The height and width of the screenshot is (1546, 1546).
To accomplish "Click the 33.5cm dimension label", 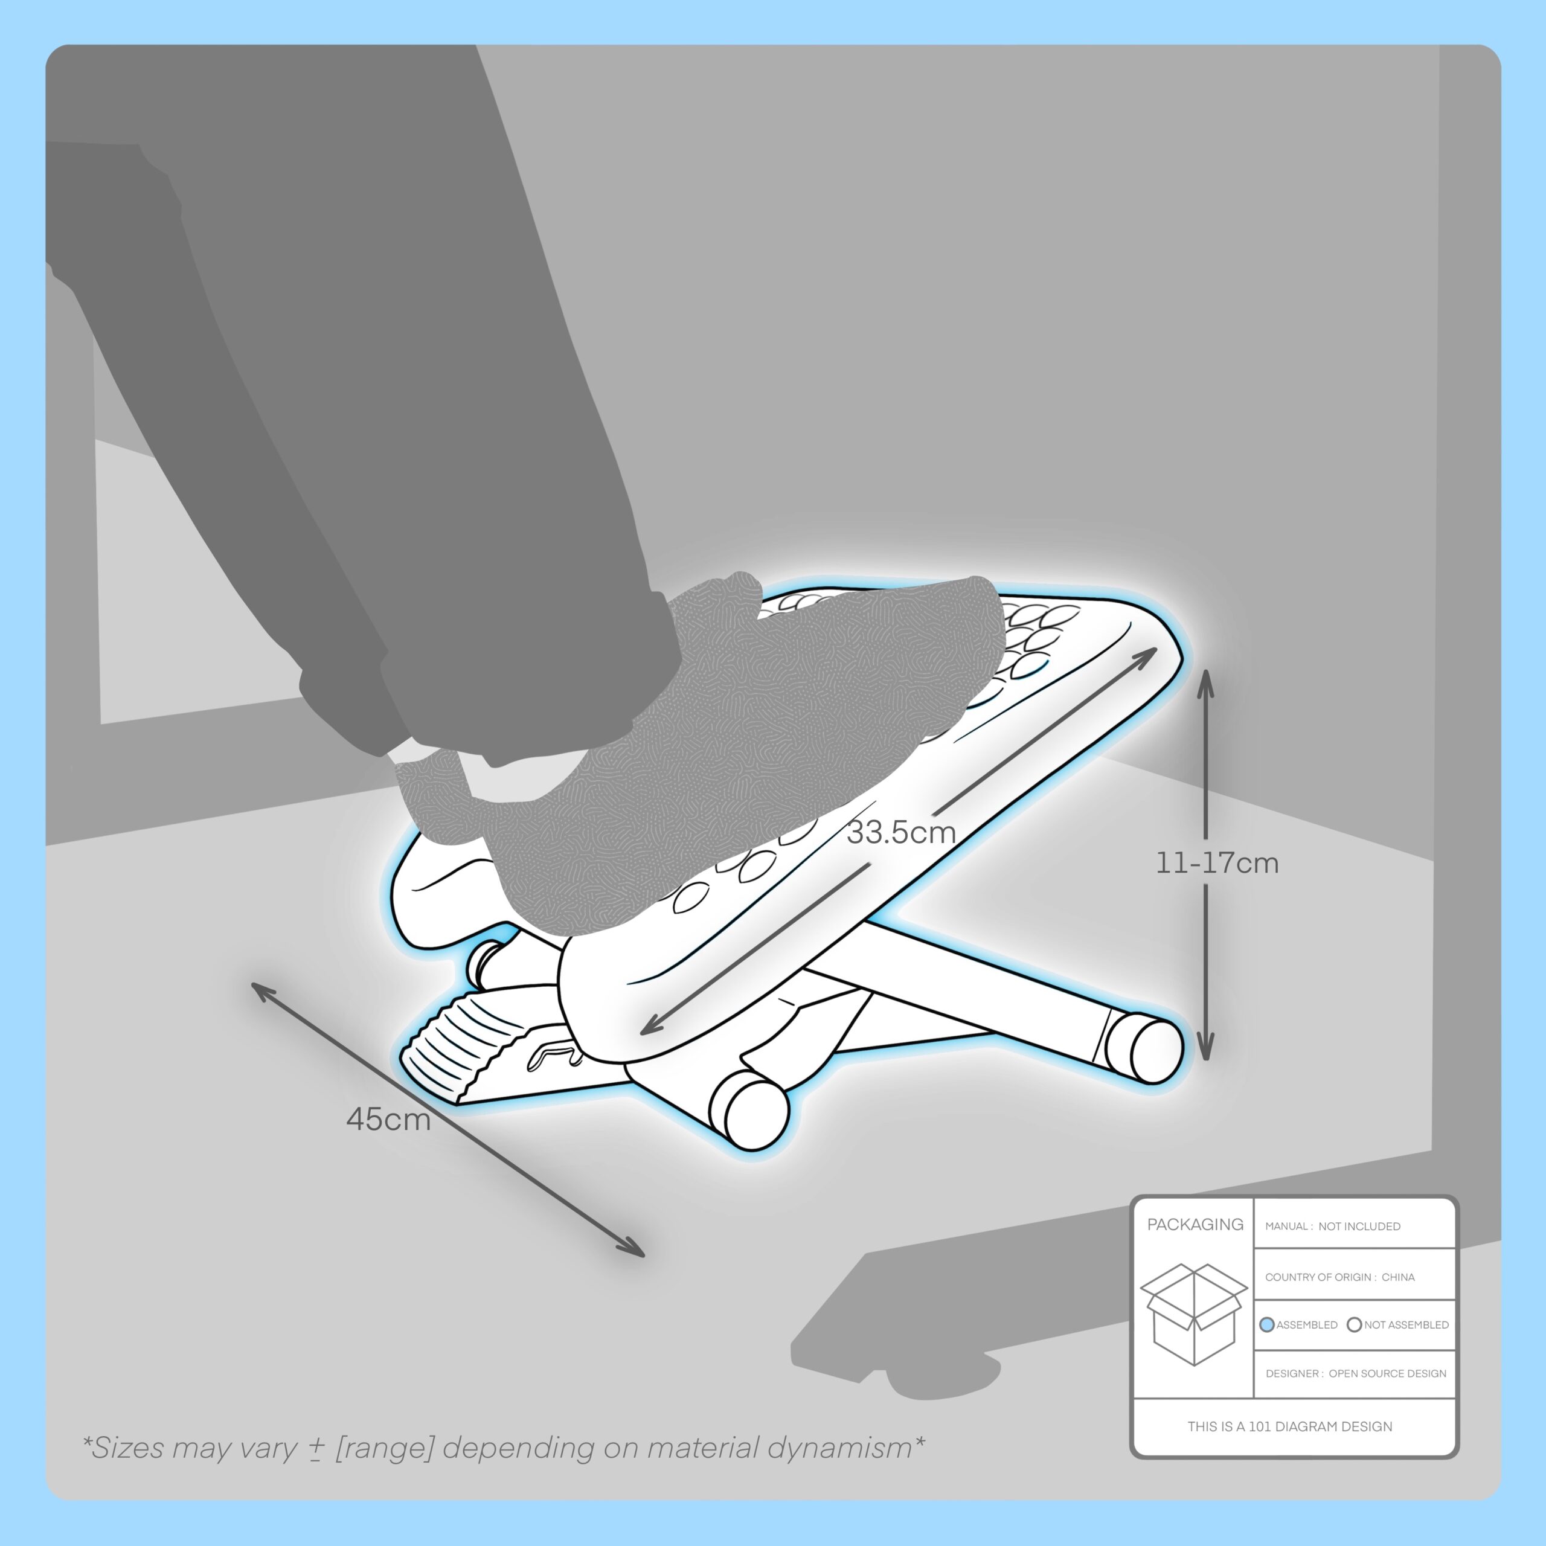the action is pyautogui.click(x=902, y=833).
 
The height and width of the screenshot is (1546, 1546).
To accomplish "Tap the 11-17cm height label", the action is pyautogui.click(x=1217, y=864).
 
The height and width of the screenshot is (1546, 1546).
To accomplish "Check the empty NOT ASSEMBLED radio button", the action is pyautogui.click(x=1355, y=1325).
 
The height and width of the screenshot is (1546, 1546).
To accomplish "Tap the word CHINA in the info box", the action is pyautogui.click(x=1398, y=1277).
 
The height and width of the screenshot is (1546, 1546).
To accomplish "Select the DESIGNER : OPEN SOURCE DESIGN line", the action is pyautogui.click(x=1356, y=1374).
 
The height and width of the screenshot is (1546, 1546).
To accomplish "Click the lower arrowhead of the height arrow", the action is pyautogui.click(x=1206, y=1046).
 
